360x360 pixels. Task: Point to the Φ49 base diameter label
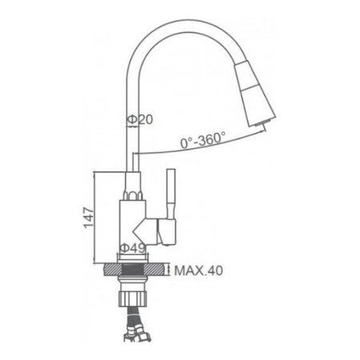point(132,249)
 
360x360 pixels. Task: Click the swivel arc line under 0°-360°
point(200,151)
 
